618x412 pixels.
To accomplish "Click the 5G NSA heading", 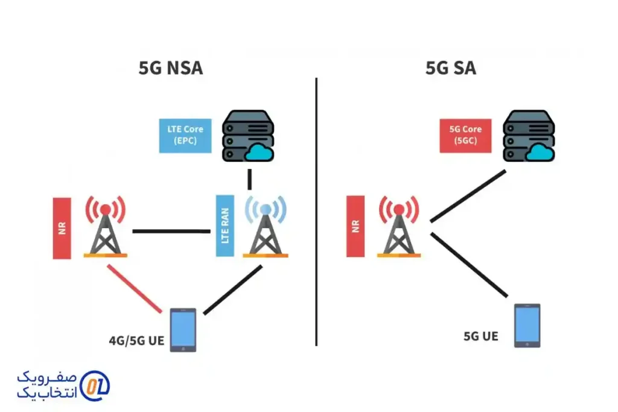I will [171, 68].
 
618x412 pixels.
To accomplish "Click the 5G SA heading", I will [451, 68].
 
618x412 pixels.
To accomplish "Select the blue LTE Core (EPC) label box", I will [185, 135].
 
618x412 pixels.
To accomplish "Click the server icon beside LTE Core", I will [247, 136].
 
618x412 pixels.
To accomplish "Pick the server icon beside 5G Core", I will [529, 136].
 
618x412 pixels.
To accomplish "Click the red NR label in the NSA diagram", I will [62, 229].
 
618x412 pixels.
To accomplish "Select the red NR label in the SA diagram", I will [355, 226].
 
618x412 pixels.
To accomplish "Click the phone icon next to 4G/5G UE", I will [183, 329].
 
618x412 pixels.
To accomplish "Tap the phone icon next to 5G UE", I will [527, 326].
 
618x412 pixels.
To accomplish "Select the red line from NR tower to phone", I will [135, 290].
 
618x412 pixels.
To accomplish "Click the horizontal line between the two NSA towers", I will [171, 230].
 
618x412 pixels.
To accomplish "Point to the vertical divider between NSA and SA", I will [316, 211].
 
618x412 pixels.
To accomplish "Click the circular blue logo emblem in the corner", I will [95, 384].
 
